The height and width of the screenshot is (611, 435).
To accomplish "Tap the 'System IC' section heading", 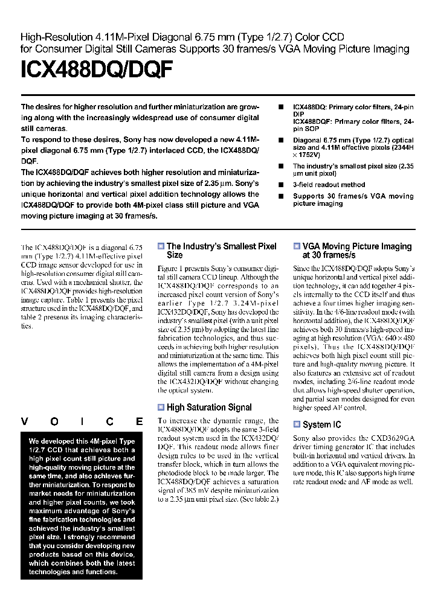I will pos(321,424).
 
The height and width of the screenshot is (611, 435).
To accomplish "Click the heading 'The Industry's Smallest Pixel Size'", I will pos(221,251).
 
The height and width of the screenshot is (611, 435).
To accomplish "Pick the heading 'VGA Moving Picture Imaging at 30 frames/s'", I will pos(356,251).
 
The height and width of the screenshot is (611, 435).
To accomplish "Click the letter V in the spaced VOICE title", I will pos(24,421).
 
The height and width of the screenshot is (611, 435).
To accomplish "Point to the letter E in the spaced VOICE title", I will pos(139,421).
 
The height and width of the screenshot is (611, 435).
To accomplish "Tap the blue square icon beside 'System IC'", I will pos(297,424).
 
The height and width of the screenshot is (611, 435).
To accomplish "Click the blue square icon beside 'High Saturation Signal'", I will pos(161,408).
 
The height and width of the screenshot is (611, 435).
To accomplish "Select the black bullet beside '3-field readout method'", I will pos(280,185).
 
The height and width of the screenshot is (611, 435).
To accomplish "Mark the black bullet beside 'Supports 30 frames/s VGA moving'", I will pos(280,196).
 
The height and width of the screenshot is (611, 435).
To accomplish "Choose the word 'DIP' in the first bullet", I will pos(299,114).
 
